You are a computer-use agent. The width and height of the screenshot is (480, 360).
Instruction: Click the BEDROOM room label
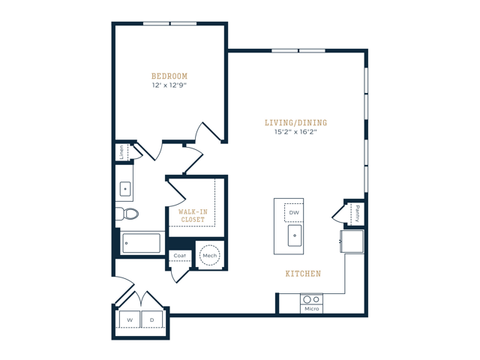(x=169, y=76)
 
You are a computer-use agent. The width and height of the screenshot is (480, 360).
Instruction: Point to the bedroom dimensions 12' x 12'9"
(x=169, y=85)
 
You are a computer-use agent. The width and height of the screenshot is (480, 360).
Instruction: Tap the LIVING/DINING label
(x=295, y=123)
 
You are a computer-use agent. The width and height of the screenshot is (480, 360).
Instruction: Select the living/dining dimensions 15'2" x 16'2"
(x=295, y=133)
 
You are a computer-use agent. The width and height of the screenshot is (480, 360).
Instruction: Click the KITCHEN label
(x=303, y=274)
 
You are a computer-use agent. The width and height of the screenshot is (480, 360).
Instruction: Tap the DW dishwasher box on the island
(x=294, y=213)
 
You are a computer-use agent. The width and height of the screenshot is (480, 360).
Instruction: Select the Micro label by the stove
(x=311, y=308)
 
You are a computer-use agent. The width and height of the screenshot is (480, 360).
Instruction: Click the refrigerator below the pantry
(x=352, y=241)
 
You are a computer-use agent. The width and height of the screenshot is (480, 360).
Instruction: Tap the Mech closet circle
(x=209, y=255)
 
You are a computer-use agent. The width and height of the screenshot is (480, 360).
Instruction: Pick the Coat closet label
(x=180, y=256)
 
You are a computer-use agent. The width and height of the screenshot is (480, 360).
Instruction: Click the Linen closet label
(x=121, y=152)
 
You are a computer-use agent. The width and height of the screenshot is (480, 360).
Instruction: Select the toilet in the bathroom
(x=129, y=214)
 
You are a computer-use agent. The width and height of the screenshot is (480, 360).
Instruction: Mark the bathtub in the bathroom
(x=141, y=243)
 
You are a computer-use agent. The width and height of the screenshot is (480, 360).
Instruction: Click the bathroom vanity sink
(x=124, y=188)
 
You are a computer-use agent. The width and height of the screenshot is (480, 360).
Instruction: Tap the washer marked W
(x=129, y=319)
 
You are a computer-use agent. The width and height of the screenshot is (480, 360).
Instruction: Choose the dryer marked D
(x=152, y=319)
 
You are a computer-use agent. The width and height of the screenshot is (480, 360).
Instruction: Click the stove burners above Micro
(x=311, y=298)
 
